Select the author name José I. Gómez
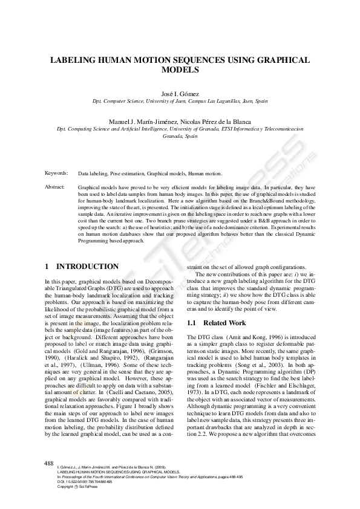pos(180,94)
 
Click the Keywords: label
pos(56,173)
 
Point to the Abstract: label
pos(55,187)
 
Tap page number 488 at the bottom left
pos(50,462)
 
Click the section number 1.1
pos(193,323)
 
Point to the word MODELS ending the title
pos(180,70)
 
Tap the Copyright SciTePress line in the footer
pos(76,487)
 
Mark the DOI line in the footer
pos(84,482)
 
